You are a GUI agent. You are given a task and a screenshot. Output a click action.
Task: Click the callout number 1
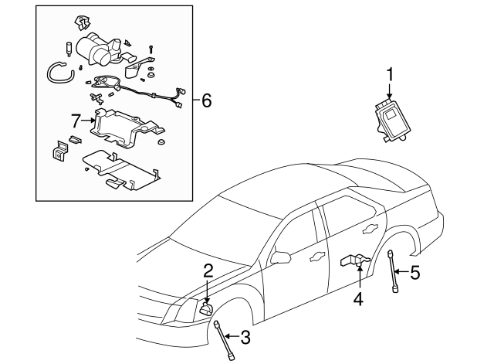[390, 74]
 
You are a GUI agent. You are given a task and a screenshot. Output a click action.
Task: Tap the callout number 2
[208, 270]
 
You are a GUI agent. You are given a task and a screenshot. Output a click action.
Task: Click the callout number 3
[246, 336]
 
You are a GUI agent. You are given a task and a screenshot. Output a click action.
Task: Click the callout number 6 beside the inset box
[205, 100]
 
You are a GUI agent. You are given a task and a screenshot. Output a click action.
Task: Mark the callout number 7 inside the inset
[75, 121]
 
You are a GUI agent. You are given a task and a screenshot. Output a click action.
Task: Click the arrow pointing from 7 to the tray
[86, 121]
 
